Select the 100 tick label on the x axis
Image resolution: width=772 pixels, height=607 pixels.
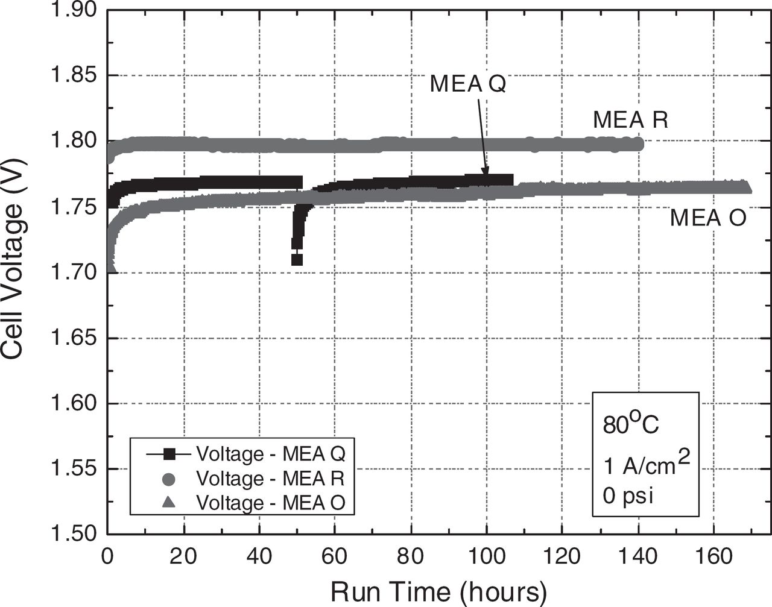click(486, 556)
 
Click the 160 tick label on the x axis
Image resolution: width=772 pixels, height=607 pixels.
click(713, 556)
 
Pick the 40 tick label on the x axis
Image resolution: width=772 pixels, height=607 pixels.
click(259, 556)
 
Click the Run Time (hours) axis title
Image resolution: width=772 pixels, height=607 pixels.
click(438, 591)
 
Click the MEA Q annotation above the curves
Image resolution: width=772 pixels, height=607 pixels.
click(467, 84)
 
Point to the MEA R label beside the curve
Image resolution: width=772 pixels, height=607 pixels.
click(630, 119)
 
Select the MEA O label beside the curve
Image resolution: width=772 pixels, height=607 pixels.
click(708, 218)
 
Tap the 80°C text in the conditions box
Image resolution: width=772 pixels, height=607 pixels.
click(631, 424)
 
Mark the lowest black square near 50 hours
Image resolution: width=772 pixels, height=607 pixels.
click(297, 260)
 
